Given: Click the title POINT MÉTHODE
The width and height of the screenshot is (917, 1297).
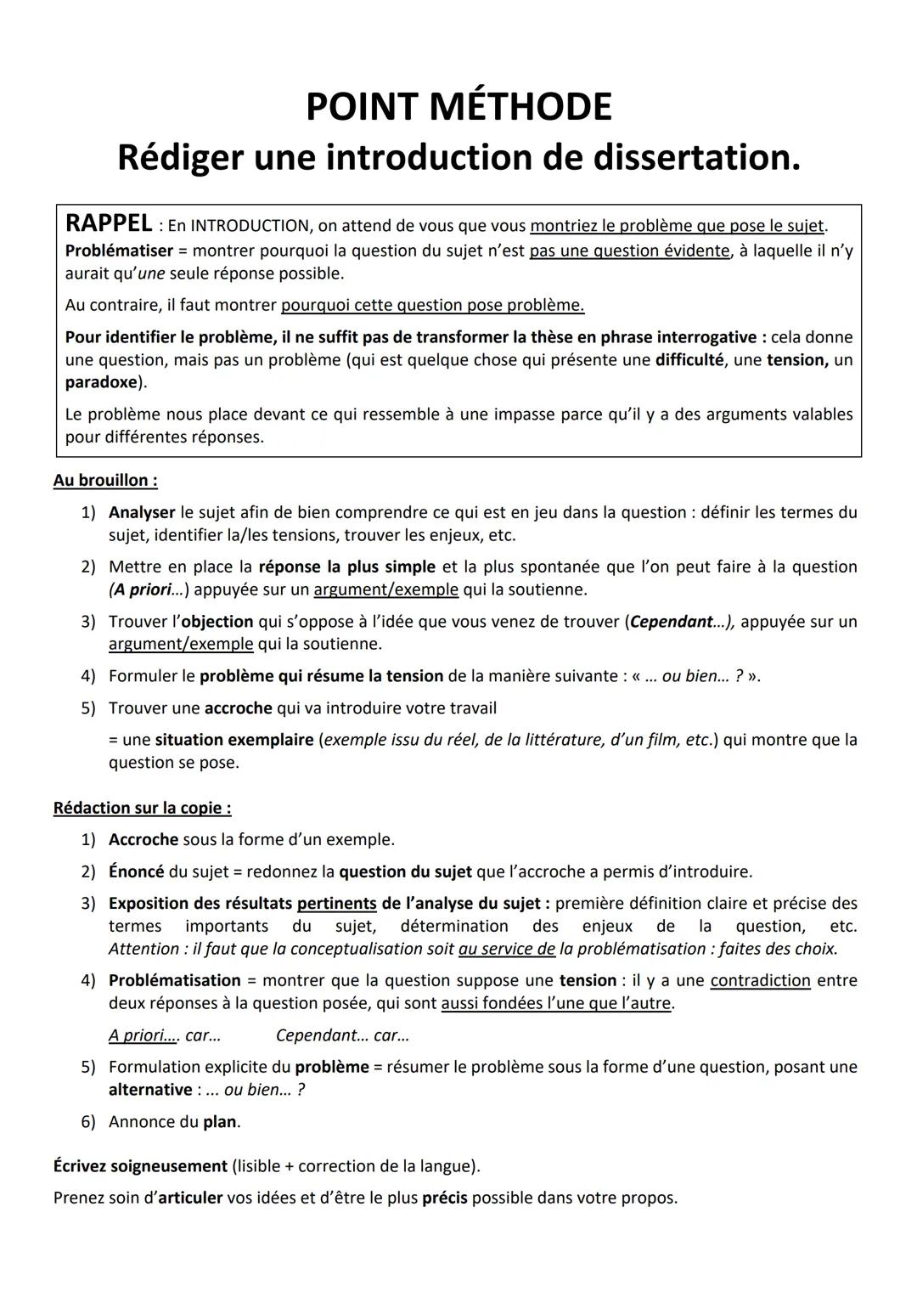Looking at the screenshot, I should (x=458, y=107).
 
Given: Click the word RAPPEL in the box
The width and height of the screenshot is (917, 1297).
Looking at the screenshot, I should (x=109, y=223).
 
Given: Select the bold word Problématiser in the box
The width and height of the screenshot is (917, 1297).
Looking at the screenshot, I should (x=119, y=251).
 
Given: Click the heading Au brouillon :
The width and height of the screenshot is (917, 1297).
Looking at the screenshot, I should (x=105, y=481).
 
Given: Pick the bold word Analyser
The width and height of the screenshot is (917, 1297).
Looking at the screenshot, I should (x=142, y=512).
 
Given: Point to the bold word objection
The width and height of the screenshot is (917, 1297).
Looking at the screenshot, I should (x=217, y=622).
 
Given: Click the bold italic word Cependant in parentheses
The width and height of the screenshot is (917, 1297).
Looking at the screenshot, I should (x=671, y=622).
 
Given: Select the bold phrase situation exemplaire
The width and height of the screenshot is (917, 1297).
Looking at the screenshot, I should (x=234, y=740).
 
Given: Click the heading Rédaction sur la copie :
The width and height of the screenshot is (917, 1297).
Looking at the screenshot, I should (x=142, y=808).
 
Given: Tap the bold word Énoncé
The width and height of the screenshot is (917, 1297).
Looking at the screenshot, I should (x=136, y=871).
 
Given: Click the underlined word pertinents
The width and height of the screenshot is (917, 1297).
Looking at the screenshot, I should (x=336, y=903).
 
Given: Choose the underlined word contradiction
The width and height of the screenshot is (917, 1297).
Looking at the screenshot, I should (x=760, y=980).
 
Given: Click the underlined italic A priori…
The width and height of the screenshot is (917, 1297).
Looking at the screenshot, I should (x=143, y=1035).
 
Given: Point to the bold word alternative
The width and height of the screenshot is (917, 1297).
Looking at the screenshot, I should (x=150, y=1090).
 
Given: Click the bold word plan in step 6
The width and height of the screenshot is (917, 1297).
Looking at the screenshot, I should (x=220, y=1122).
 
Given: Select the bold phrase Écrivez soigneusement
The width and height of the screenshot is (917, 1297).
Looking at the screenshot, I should (x=140, y=1166).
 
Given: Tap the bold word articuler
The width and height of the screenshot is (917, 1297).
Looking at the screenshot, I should (x=190, y=1198).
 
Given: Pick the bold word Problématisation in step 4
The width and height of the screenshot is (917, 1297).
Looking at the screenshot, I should (x=174, y=980).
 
